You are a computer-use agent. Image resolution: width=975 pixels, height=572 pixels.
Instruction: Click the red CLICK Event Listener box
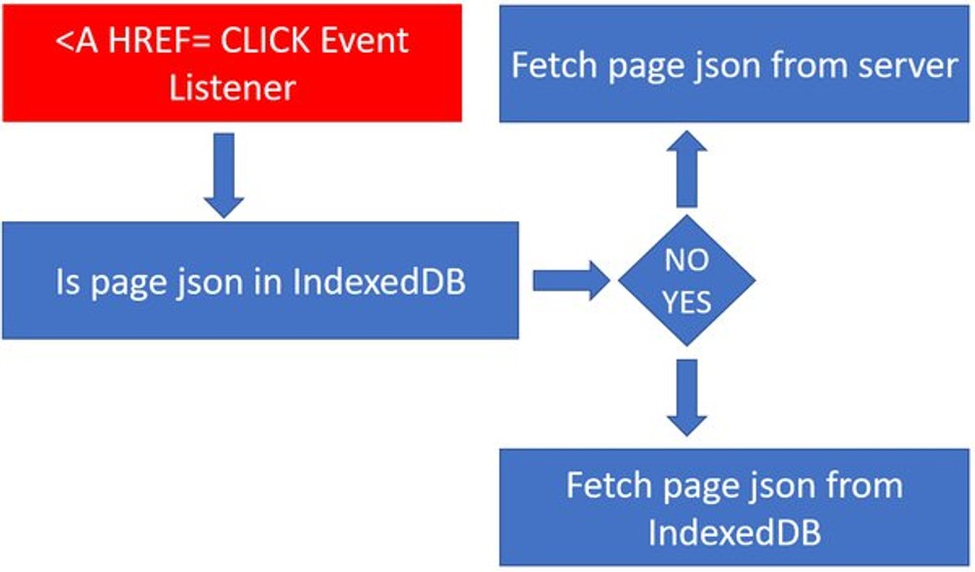pos(231,62)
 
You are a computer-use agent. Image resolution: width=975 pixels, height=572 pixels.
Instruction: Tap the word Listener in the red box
pos(232,88)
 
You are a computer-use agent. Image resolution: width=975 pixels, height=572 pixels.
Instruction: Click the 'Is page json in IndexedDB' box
pos(259,281)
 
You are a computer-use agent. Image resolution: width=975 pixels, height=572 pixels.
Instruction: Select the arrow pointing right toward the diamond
pos(571,282)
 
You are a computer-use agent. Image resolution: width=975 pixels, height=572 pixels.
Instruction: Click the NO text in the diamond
pos(686,261)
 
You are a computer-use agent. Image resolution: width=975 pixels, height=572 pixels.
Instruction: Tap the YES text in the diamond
pos(686,301)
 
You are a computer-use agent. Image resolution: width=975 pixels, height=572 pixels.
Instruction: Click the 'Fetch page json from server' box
pos(734,64)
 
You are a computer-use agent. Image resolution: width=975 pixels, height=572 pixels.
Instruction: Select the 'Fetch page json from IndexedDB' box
pos(734,508)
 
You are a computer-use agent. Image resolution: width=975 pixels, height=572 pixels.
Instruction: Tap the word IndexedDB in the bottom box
pos(734,532)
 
